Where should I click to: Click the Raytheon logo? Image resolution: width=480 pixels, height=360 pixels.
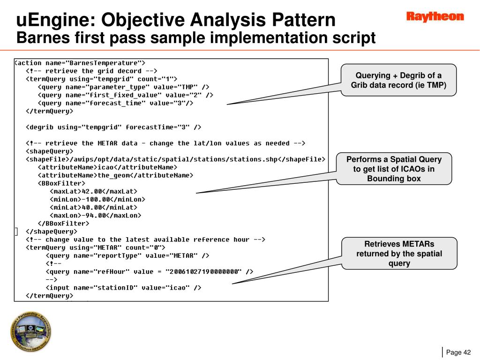point(435,17)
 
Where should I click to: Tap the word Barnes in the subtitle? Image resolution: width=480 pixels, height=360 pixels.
point(39,38)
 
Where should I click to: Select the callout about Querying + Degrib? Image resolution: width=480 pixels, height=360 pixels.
point(398,80)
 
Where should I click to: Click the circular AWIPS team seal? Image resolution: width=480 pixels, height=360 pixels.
point(31,332)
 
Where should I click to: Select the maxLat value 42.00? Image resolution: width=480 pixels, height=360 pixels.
point(92,191)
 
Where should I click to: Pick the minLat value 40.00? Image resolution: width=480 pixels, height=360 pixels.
point(92,207)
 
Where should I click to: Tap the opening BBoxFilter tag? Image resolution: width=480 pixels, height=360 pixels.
point(61,183)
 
